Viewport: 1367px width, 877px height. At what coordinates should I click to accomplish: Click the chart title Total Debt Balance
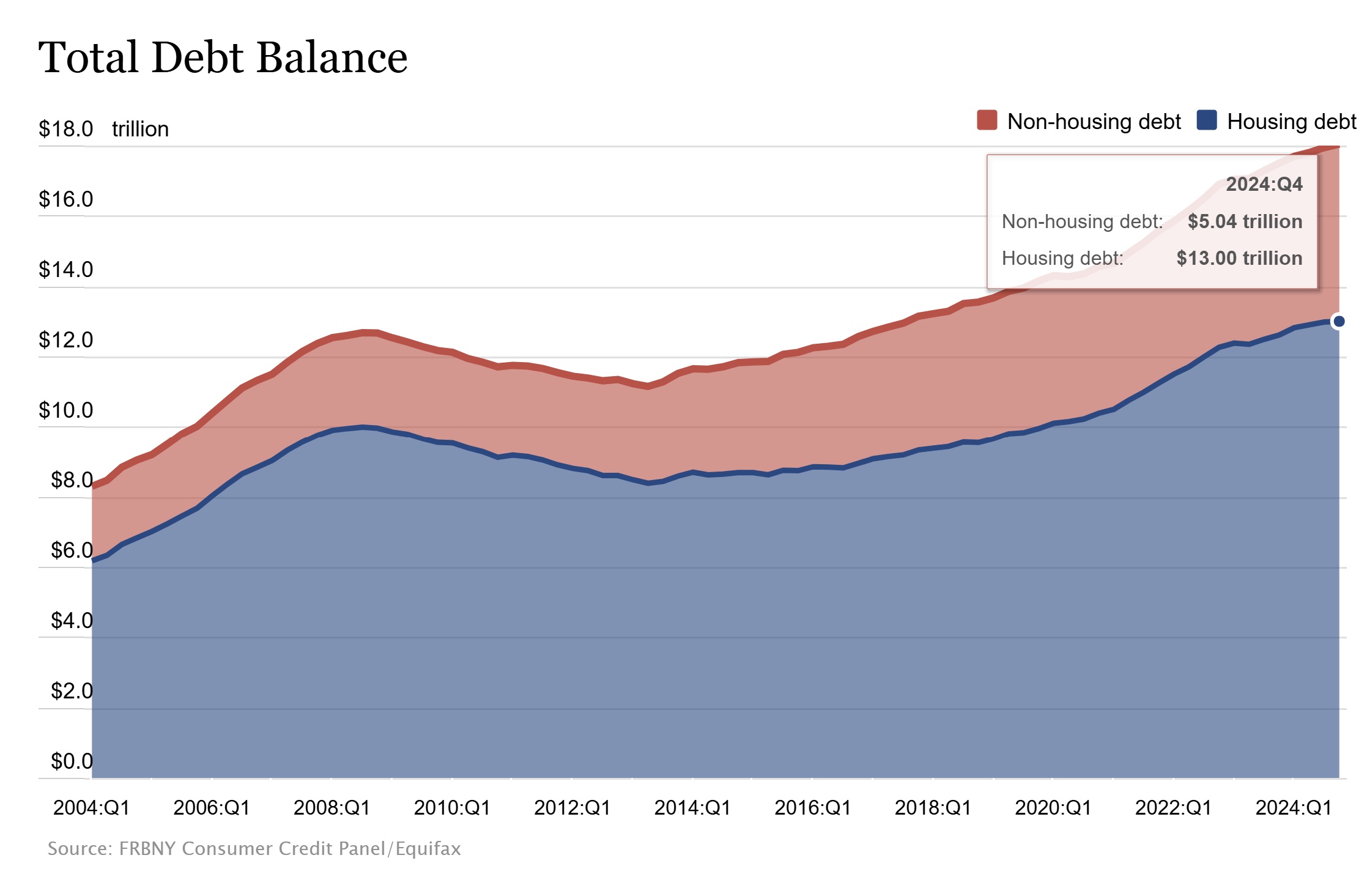click(x=223, y=57)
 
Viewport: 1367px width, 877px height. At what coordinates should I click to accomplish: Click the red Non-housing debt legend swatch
click(x=987, y=120)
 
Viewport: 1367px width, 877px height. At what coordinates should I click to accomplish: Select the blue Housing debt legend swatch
click(x=1206, y=120)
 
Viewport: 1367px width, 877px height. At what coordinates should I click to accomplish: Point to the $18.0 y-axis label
click(x=65, y=129)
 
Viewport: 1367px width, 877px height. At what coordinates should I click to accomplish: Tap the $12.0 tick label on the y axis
click(x=65, y=340)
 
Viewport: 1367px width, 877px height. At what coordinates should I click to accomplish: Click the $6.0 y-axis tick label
click(x=72, y=550)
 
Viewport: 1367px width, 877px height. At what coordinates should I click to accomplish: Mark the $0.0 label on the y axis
click(x=72, y=761)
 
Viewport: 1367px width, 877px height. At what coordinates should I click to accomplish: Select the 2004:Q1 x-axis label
click(x=92, y=808)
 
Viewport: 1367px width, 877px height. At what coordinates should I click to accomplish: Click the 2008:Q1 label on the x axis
click(x=332, y=808)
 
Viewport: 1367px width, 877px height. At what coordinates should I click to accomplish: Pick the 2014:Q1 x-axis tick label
click(x=692, y=808)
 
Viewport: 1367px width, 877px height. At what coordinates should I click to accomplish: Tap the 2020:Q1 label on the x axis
click(x=1053, y=808)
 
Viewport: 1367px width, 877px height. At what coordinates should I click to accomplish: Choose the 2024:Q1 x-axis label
click(x=1294, y=808)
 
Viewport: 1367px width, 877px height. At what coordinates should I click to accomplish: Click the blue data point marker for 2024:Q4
click(x=1339, y=321)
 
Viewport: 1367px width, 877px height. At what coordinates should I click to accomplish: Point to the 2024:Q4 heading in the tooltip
click(x=1264, y=184)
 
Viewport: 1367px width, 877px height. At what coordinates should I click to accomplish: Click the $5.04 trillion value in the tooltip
click(x=1245, y=221)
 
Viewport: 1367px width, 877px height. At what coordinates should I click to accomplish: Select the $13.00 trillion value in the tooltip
click(x=1239, y=258)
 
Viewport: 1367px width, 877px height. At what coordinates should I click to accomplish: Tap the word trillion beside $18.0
click(x=140, y=129)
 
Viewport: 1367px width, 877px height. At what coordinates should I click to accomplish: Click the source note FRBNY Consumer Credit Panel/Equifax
click(x=254, y=849)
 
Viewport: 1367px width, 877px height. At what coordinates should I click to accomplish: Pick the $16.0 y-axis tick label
click(x=65, y=199)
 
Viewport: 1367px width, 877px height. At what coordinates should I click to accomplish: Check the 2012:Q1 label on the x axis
click(x=572, y=808)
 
